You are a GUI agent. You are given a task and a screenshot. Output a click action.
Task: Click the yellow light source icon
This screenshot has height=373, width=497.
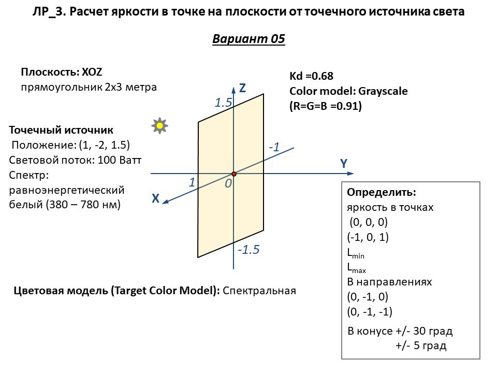[160, 125]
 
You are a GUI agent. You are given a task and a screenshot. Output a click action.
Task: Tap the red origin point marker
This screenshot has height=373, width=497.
[234, 174]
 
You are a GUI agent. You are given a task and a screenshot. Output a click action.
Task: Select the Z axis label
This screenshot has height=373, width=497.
[242, 89]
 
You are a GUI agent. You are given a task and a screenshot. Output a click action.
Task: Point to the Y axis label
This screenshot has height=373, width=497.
[343, 164]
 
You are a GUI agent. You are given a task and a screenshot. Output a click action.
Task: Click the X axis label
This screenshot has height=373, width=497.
[155, 198]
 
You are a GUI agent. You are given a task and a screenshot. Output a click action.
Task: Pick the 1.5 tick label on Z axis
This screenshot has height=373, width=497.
[223, 103]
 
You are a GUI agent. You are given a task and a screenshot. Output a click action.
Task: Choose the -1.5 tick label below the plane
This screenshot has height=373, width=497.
[248, 250]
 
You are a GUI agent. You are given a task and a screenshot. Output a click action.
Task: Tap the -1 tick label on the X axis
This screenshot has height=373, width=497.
[274, 147]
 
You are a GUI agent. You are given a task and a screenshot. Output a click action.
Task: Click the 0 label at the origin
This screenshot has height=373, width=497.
[228, 183]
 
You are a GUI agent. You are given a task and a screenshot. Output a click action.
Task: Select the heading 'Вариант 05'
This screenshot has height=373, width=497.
[248, 39]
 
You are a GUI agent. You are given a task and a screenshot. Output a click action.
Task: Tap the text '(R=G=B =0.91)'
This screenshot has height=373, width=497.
[325, 106]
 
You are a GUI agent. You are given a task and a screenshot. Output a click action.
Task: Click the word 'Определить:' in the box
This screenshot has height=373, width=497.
[381, 192]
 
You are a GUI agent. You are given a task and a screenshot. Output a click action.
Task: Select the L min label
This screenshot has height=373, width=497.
[356, 253]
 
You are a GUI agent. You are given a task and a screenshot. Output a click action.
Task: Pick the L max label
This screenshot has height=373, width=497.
[356, 268]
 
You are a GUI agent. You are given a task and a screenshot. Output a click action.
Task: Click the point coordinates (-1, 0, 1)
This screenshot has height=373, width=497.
[368, 237]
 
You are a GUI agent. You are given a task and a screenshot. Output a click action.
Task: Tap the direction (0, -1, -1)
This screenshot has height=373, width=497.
[370, 312]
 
